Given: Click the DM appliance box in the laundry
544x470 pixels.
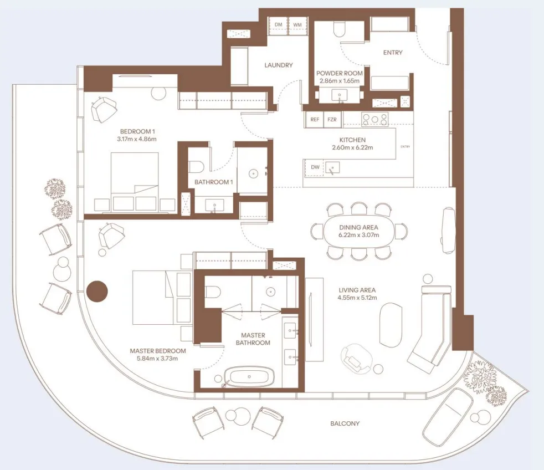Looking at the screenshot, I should point(279,25).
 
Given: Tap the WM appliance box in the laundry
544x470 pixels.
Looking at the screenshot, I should point(297,25).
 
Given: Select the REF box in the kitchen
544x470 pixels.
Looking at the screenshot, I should point(315,119).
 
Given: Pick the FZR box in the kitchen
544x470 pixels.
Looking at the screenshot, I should point(332,119).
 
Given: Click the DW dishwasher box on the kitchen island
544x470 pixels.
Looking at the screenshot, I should point(315,167).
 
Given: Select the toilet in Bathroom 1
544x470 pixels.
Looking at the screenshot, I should point(197,166).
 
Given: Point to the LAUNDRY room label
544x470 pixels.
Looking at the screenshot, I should point(278,65).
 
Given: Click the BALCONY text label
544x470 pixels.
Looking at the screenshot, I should point(345,423).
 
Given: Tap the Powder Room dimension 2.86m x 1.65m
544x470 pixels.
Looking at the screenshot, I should point(340,81).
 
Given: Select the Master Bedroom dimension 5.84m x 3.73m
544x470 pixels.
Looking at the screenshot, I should point(158,359).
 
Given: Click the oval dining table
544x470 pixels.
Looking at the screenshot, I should point(359,231).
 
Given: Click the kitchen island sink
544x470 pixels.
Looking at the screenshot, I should point(333,166).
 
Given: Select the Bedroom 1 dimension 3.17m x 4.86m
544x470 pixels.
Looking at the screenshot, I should point(138,139).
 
